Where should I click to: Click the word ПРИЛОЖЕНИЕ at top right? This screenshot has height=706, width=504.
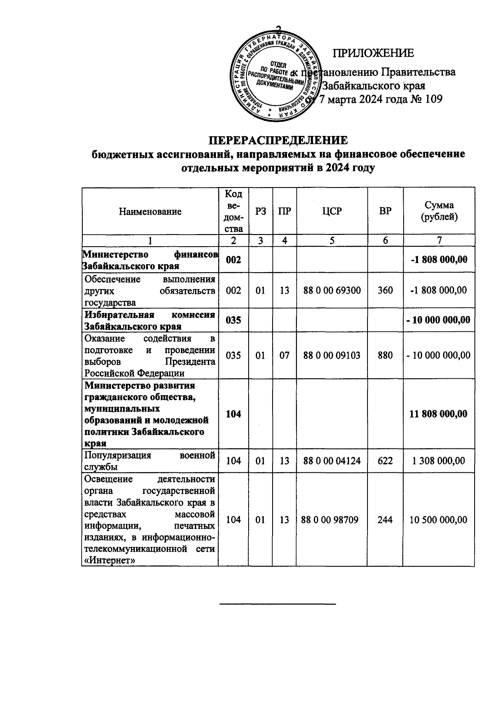pyautogui.click(x=373, y=53)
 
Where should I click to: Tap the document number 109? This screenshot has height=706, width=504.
pyautogui.click(x=433, y=99)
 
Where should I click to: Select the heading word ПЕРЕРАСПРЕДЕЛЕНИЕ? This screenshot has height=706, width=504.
pyautogui.click(x=278, y=140)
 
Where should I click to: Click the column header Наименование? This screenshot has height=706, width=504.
pyautogui.click(x=150, y=211)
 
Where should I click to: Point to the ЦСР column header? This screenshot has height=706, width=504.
pyautogui.click(x=332, y=211)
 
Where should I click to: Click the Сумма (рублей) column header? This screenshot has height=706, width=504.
pyautogui.click(x=439, y=211)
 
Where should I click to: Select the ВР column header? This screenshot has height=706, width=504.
pyautogui.click(x=385, y=211)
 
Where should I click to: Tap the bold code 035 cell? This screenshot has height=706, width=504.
pyautogui.click(x=234, y=320)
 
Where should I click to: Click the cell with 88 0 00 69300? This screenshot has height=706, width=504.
pyautogui.click(x=332, y=290)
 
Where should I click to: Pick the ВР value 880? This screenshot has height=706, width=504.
pyautogui.click(x=385, y=355)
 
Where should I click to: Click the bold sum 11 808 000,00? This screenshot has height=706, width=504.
pyautogui.click(x=439, y=414)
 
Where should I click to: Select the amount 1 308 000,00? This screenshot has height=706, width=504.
pyautogui.click(x=439, y=461)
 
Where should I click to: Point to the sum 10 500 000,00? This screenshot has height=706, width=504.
pyautogui.click(x=439, y=520)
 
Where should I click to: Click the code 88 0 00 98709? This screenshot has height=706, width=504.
pyautogui.click(x=330, y=520)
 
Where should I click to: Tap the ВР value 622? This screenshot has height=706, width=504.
pyautogui.click(x=385, y=461)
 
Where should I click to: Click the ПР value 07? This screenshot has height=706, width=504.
pyautogui.click(x=284, y=355)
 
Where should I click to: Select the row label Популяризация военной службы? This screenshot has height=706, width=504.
pyautogui.click(x=150, y=461)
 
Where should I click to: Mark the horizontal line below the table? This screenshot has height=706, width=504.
pyautogui.click(x=278, y=604)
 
